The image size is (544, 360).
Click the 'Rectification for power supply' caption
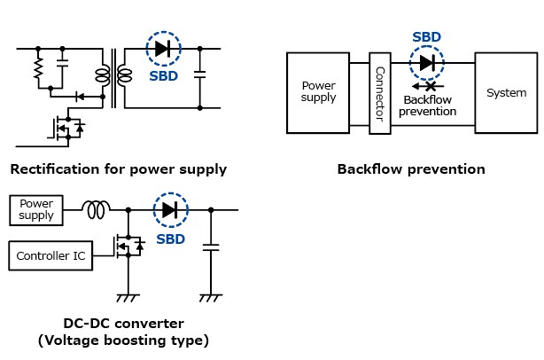(x=118, y=168)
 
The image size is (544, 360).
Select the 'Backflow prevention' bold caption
(x=411, y=168)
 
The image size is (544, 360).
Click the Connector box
(x=380, y=92)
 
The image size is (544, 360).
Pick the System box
(x=507, y=92)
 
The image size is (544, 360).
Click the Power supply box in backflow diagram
(x=318, y=92)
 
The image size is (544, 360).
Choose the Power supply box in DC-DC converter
(x=36, y=209)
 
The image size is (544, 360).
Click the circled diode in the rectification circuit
(x=162, y=48)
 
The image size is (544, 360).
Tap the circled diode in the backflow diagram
(x=428, y=63)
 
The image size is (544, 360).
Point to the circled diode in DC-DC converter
(x=170, y=210)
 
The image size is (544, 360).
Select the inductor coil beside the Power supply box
(x=95, y=210)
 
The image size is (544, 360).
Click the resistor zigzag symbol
(x=38, y=68)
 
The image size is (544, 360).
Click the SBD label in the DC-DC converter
(x=171, y=239)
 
